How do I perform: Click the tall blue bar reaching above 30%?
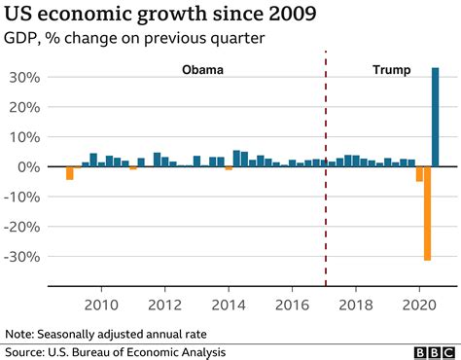point(435,117)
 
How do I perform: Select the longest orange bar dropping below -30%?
point(427,213)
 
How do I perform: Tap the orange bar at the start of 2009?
point(70,173)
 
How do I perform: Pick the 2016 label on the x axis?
point(292,303)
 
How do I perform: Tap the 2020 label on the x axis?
point(419,303)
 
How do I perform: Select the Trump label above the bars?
point(392,70)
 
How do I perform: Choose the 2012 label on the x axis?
point(164,303)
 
